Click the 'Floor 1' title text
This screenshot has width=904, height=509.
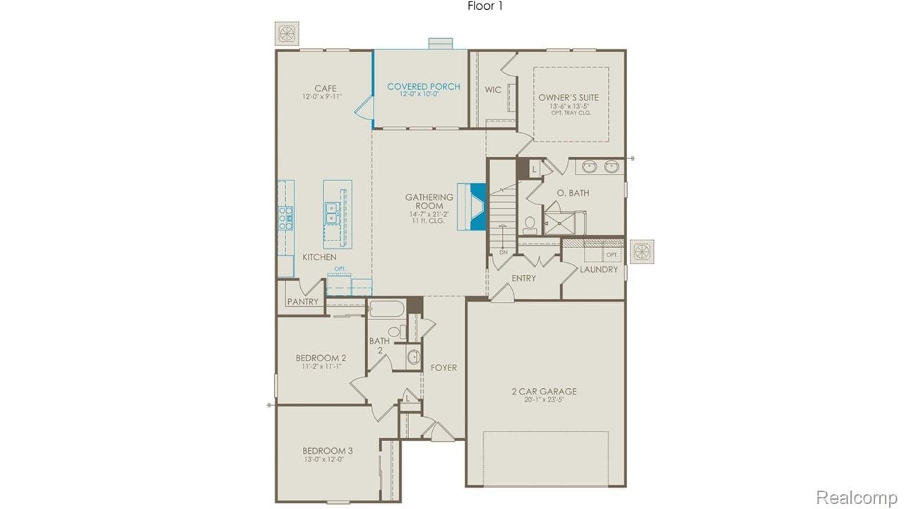[x=485, y=6]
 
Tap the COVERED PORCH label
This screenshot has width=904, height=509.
[x=423, y=87]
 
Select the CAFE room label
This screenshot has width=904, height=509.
[x=325, y=88]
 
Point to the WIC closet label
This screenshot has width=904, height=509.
[x=493, y=90]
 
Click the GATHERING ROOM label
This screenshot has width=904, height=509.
[x=429, y=201]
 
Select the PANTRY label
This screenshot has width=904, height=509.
[x=302, y=302]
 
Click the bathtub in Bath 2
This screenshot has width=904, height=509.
[x=385, y=310]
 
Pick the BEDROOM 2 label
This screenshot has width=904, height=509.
[x=321, y=358]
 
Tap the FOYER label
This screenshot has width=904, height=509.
[x=444, y=368]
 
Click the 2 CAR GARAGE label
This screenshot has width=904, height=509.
[x=544, y=391]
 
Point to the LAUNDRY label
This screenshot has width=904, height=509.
[x=599, y=269]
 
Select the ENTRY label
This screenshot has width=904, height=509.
[x=523, y=279]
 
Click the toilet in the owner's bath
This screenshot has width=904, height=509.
[x=530, y=225]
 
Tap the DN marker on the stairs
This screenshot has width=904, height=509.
[x=503, y=252]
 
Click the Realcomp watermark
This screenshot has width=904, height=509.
[x=857, y=498]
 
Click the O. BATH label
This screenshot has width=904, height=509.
[x=573, y=193]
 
